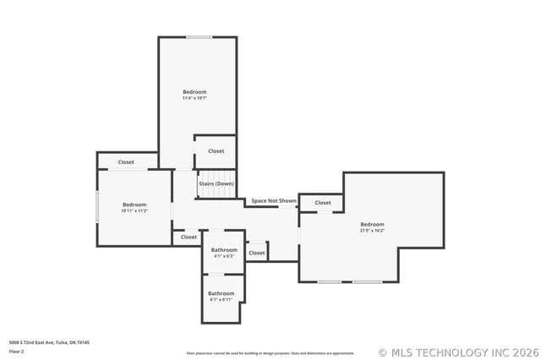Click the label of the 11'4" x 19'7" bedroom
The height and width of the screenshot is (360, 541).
point(194,91)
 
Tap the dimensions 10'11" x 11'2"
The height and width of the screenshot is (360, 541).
point(134,210)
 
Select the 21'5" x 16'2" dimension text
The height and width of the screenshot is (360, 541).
point(372,230)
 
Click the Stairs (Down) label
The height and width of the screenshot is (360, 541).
point(216,183)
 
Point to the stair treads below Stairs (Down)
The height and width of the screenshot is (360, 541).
point(216,194)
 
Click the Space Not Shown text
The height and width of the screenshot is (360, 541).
point(274,201)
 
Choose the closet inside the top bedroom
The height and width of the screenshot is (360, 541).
point(216,151)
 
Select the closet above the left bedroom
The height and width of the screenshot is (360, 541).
point(126,162)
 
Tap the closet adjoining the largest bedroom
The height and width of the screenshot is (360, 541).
point(323,203)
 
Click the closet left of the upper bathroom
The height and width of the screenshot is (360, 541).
point(189,237)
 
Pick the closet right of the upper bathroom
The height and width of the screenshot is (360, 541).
point(257,253)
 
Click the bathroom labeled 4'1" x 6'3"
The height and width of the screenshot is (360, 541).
point(224,252)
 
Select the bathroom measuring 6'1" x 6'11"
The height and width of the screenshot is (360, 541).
point(221,296)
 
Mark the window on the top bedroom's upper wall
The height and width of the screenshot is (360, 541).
point(199,36)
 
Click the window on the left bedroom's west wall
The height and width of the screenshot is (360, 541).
point(97,207)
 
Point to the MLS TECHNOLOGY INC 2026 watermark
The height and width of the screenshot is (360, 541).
point(456,352)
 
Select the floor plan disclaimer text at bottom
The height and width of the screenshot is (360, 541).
point(270,353)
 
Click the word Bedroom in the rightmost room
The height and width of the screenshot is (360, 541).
point(372,224)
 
